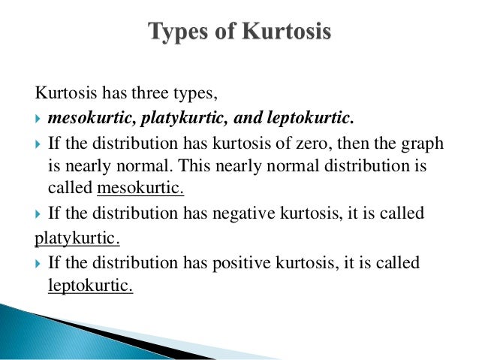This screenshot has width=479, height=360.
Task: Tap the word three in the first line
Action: [152, 95]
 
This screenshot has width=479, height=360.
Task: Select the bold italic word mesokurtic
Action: [82, 118]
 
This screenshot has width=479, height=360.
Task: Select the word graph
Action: [421, 143]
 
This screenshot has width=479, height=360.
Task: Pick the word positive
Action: [238, 262]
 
